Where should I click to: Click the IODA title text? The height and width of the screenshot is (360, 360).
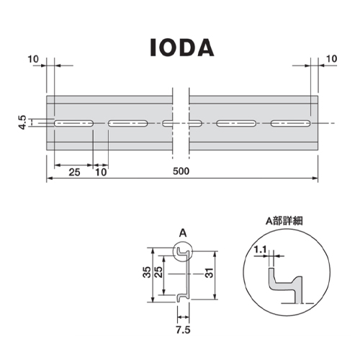[x=182, y=48]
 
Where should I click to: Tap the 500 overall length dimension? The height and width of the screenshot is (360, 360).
[x=181, y=171]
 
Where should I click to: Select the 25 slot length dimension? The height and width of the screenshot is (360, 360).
[x=74, y=172]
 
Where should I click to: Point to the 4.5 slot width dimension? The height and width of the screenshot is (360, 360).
[x=22, y=122]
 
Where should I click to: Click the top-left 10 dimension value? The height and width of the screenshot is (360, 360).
[x=33, y=59]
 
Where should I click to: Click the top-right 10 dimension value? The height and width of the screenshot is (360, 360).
[x=332, y=58]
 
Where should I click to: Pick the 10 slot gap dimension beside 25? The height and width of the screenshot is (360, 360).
[x=101, y=172]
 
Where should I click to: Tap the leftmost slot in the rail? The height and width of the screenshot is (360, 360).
[x=73, y=123]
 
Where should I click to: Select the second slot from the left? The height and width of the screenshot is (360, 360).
[x=127, y=123]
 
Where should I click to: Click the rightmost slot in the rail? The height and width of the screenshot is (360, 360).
[x=291, y=123]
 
